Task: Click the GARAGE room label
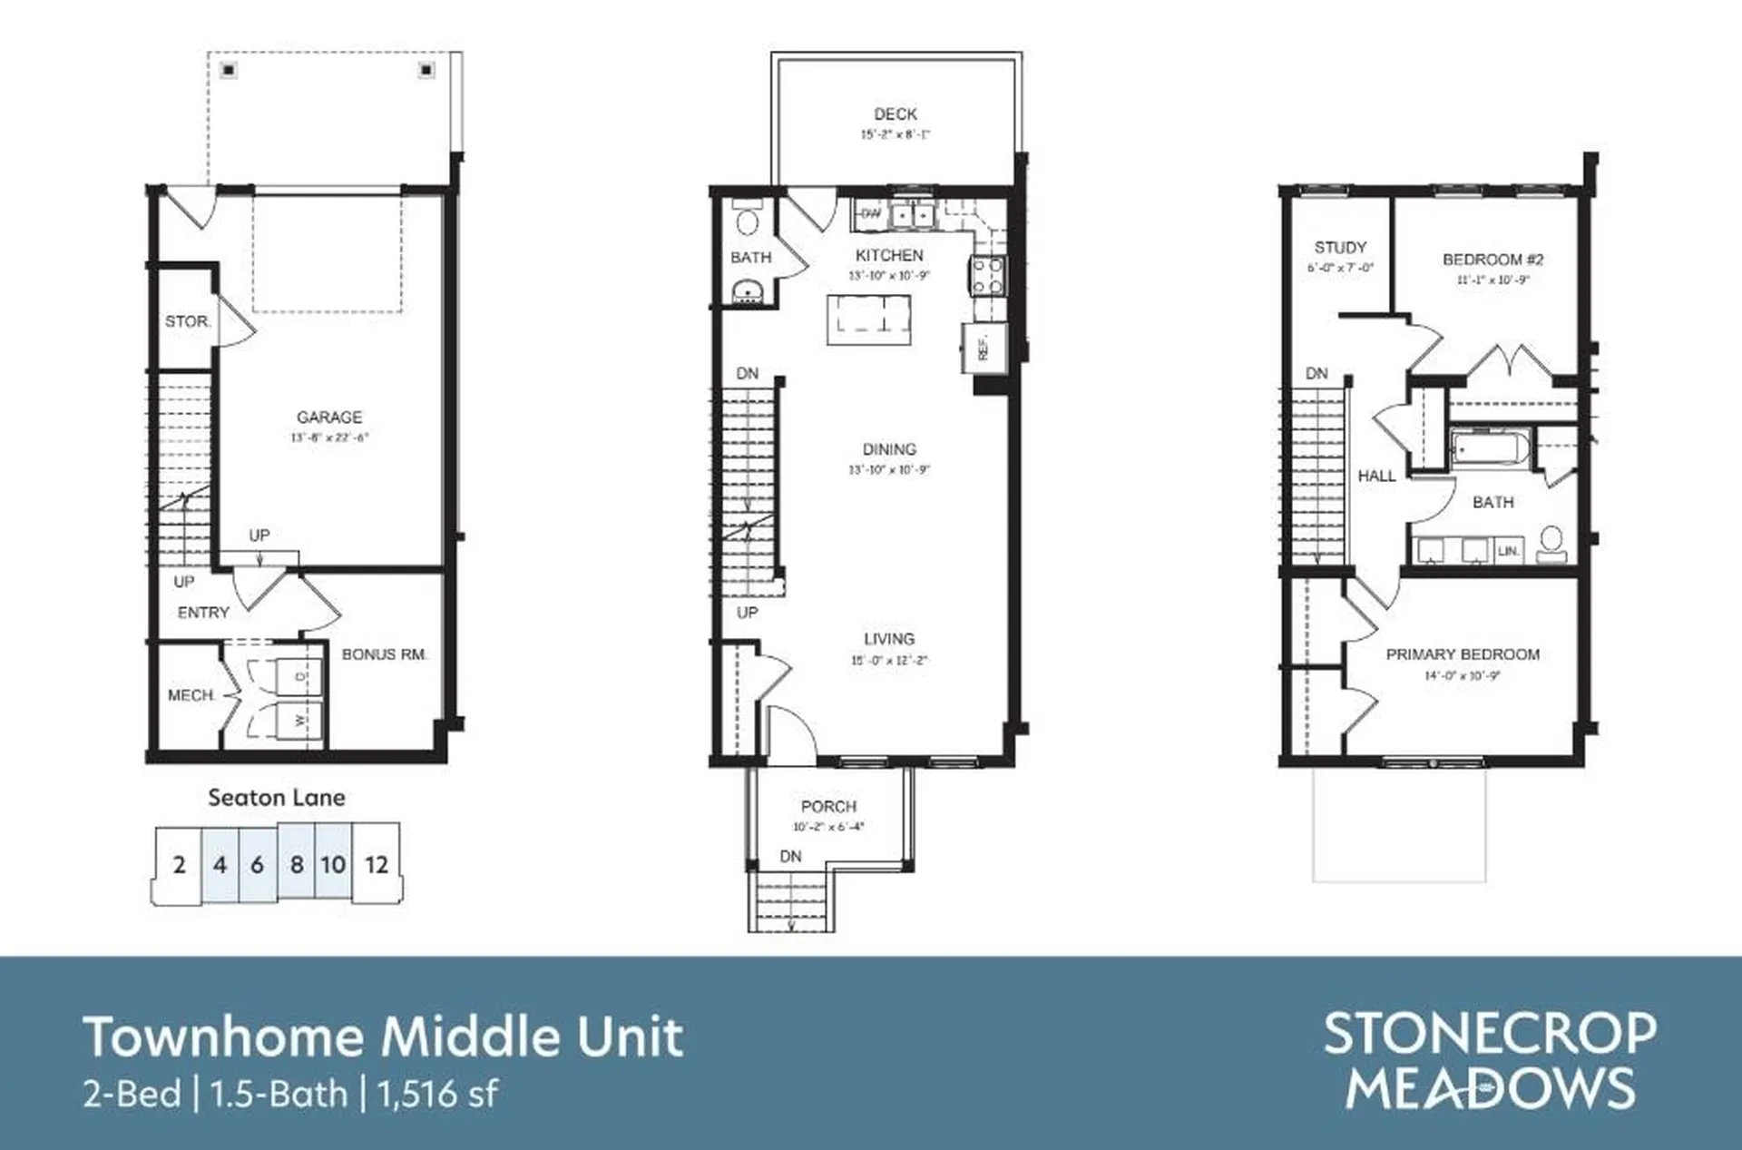coord(329,418)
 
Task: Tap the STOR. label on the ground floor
coord(188,321)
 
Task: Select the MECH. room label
coord(191,695)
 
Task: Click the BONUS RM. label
coord(384,654)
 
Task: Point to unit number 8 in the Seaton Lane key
coord(297,865)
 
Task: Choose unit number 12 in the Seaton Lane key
coord(377,865)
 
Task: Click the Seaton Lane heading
coord(277,798)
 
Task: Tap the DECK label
coord(895,114)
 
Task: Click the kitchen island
coord(868,320)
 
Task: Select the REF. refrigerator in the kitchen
coord(984,349)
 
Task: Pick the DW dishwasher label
coord(870,214)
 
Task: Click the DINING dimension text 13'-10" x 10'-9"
coord(889,470)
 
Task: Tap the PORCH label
coord(828,807)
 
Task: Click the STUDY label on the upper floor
coord(1340,248)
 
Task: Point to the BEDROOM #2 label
coord(1492,260)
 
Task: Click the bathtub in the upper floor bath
coord(1491,448)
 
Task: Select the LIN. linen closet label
coord(1508,551)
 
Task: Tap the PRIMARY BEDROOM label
coord(1463,654)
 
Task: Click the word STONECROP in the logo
coord(1490,1034)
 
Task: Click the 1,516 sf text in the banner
coord(437,1095)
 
